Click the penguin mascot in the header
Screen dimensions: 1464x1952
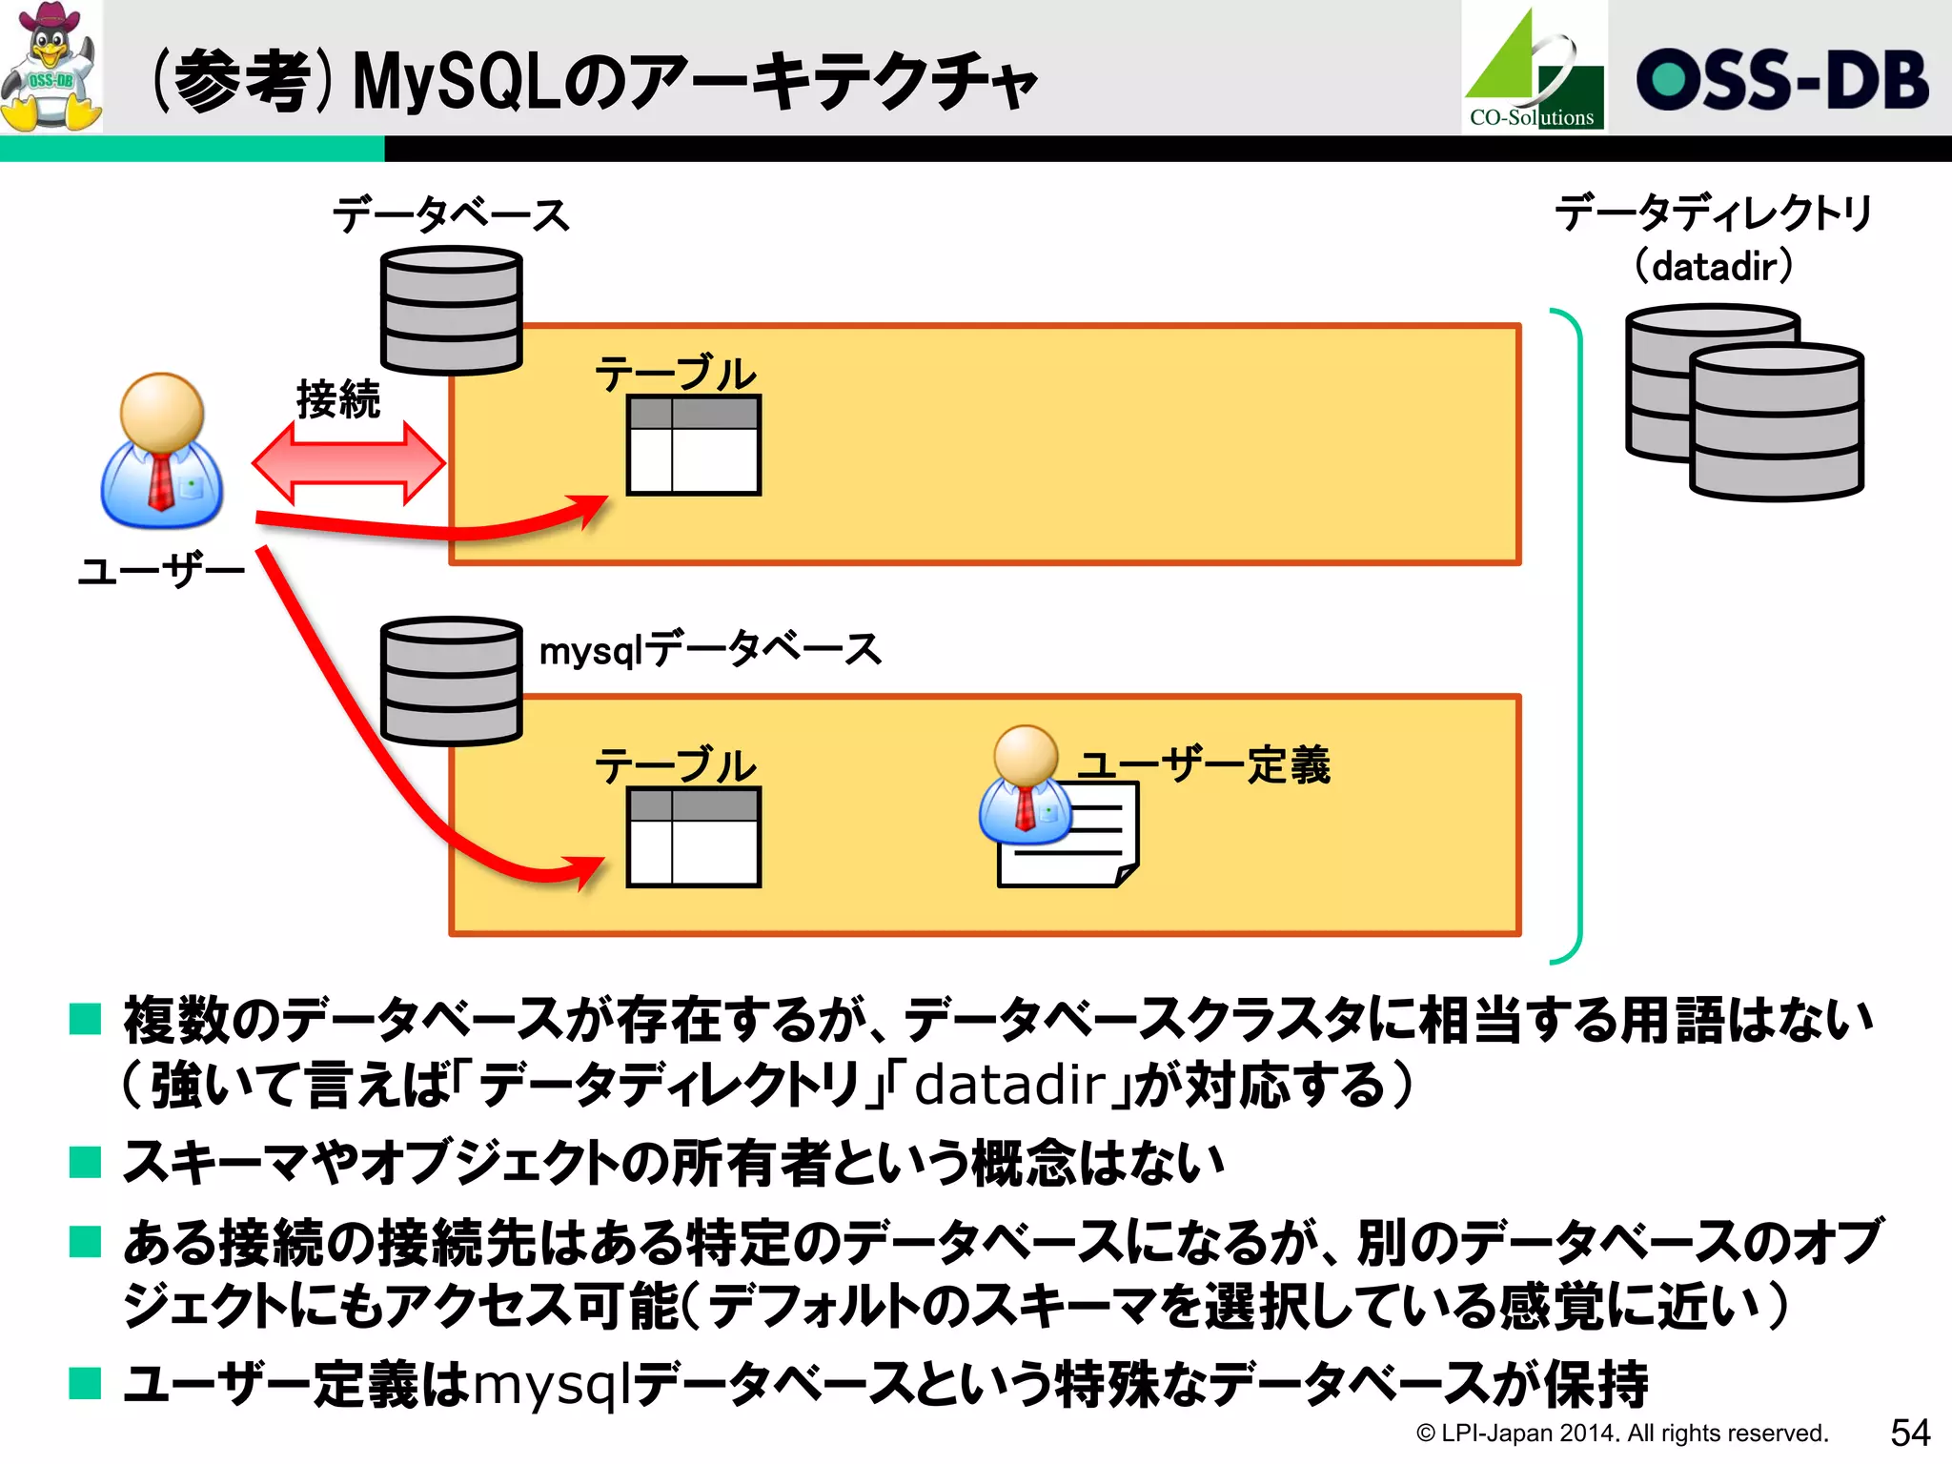51,68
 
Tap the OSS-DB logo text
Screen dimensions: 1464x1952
1781,79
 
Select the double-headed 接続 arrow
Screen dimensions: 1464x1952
349,463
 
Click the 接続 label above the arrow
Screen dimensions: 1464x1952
337,398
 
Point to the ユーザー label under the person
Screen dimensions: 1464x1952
161,571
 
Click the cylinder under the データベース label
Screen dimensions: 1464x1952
451,311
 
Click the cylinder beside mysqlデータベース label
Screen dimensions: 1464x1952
451,681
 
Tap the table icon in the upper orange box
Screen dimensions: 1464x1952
693,445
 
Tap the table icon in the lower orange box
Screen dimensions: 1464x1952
693,837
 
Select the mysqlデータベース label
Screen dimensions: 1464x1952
710,650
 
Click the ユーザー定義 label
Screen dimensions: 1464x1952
1203,764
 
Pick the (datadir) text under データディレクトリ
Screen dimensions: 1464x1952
1714,266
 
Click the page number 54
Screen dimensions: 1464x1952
1909,1433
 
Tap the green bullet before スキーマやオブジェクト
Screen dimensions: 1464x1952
86,1162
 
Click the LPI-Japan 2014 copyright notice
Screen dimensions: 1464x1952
1621,1433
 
